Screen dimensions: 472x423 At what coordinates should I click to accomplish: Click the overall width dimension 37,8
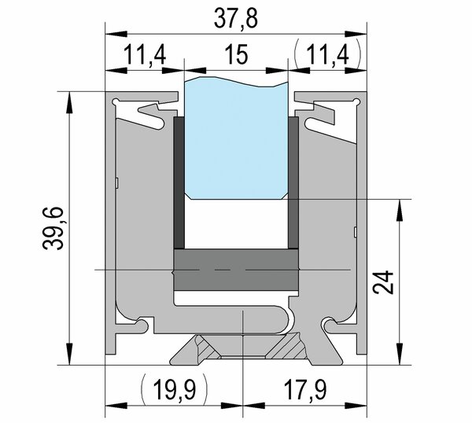(236, 19)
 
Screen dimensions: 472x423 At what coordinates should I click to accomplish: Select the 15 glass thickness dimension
(238, 54)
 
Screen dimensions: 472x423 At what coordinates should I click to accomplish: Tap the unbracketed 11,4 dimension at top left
(145, 54)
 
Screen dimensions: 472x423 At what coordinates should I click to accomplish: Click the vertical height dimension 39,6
(53, 228)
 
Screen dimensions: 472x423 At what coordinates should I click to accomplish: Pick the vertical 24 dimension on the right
(383, 282)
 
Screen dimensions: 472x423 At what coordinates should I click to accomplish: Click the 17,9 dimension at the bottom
(305, 390)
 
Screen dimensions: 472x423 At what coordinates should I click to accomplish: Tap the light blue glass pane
(236, 138)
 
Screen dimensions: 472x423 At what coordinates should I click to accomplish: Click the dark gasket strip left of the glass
(179, 182)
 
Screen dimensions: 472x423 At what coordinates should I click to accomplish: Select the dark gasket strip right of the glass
(293, 182)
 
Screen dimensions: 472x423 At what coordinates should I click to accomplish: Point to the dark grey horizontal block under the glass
(236, 270)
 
